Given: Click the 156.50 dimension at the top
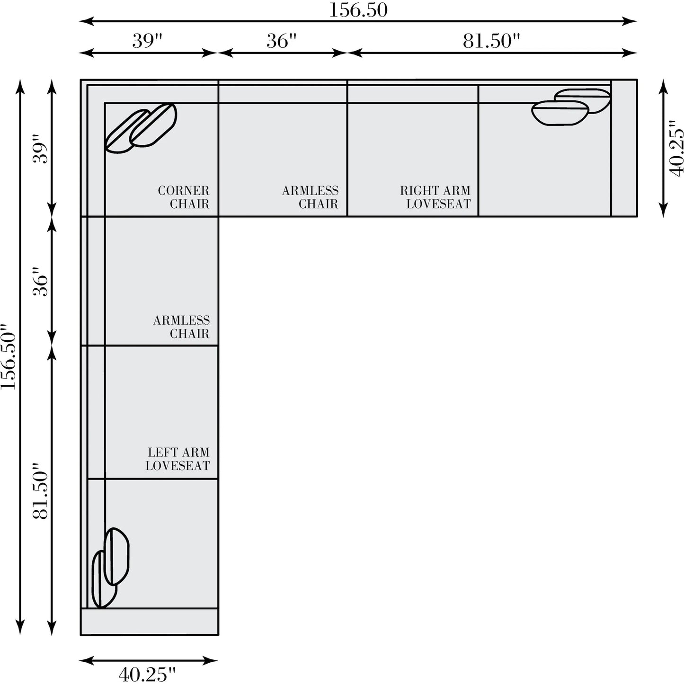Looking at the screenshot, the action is [358, 10].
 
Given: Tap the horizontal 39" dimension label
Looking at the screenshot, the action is [147, 41].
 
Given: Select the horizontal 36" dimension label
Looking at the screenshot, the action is [281, 41].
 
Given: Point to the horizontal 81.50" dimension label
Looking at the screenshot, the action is [491, 41].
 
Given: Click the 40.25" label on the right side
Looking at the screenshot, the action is [676, 148].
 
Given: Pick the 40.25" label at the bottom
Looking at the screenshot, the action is [147, 674].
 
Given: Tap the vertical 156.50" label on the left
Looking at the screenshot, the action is [9, 356].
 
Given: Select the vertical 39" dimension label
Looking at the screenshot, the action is [40, 148].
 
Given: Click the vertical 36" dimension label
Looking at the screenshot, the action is [40, 282].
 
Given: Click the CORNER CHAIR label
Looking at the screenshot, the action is [184, 197].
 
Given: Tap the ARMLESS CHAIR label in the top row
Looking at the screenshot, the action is [310, 197].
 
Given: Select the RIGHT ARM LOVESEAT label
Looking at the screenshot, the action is [435, 197].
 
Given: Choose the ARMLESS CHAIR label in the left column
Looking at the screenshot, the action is [181, 327].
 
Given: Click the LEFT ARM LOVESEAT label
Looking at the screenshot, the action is [178, 459].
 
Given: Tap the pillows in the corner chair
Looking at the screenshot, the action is [141, 128].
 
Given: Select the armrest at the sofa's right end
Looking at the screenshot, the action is [624, 148].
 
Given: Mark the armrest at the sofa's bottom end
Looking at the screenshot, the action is [150, 622].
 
